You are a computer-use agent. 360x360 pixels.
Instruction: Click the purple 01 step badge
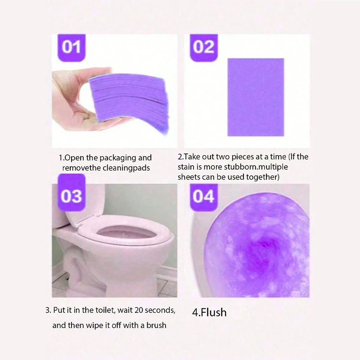tap(71, 48)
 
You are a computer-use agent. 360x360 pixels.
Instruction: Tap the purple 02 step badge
tap(204, 48)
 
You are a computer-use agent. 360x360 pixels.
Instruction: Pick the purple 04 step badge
tap(204, 198)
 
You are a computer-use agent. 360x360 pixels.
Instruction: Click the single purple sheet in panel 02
tap(256, 97)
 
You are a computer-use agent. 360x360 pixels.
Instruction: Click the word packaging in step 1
tap(118, 158)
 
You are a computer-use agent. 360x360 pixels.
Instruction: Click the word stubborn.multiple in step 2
tap(256, 167)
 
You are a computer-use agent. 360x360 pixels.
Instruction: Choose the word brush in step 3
tap(156, 325)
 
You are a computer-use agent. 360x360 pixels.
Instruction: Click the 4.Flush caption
tap(209, 312)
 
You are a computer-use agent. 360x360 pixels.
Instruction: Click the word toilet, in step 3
tap(105, 310)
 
